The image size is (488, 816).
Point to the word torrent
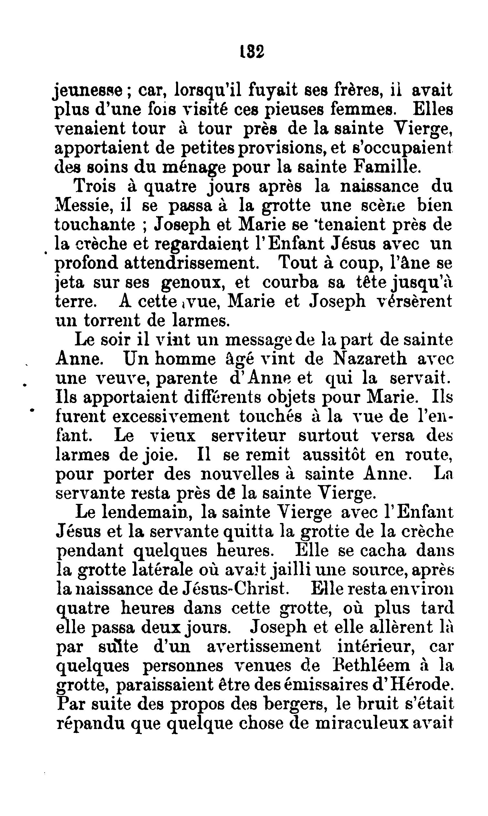click(112, 320)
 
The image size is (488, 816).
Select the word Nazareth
click(370, 359)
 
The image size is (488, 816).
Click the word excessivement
click(171, 417)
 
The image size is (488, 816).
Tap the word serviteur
click(248, 436)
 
